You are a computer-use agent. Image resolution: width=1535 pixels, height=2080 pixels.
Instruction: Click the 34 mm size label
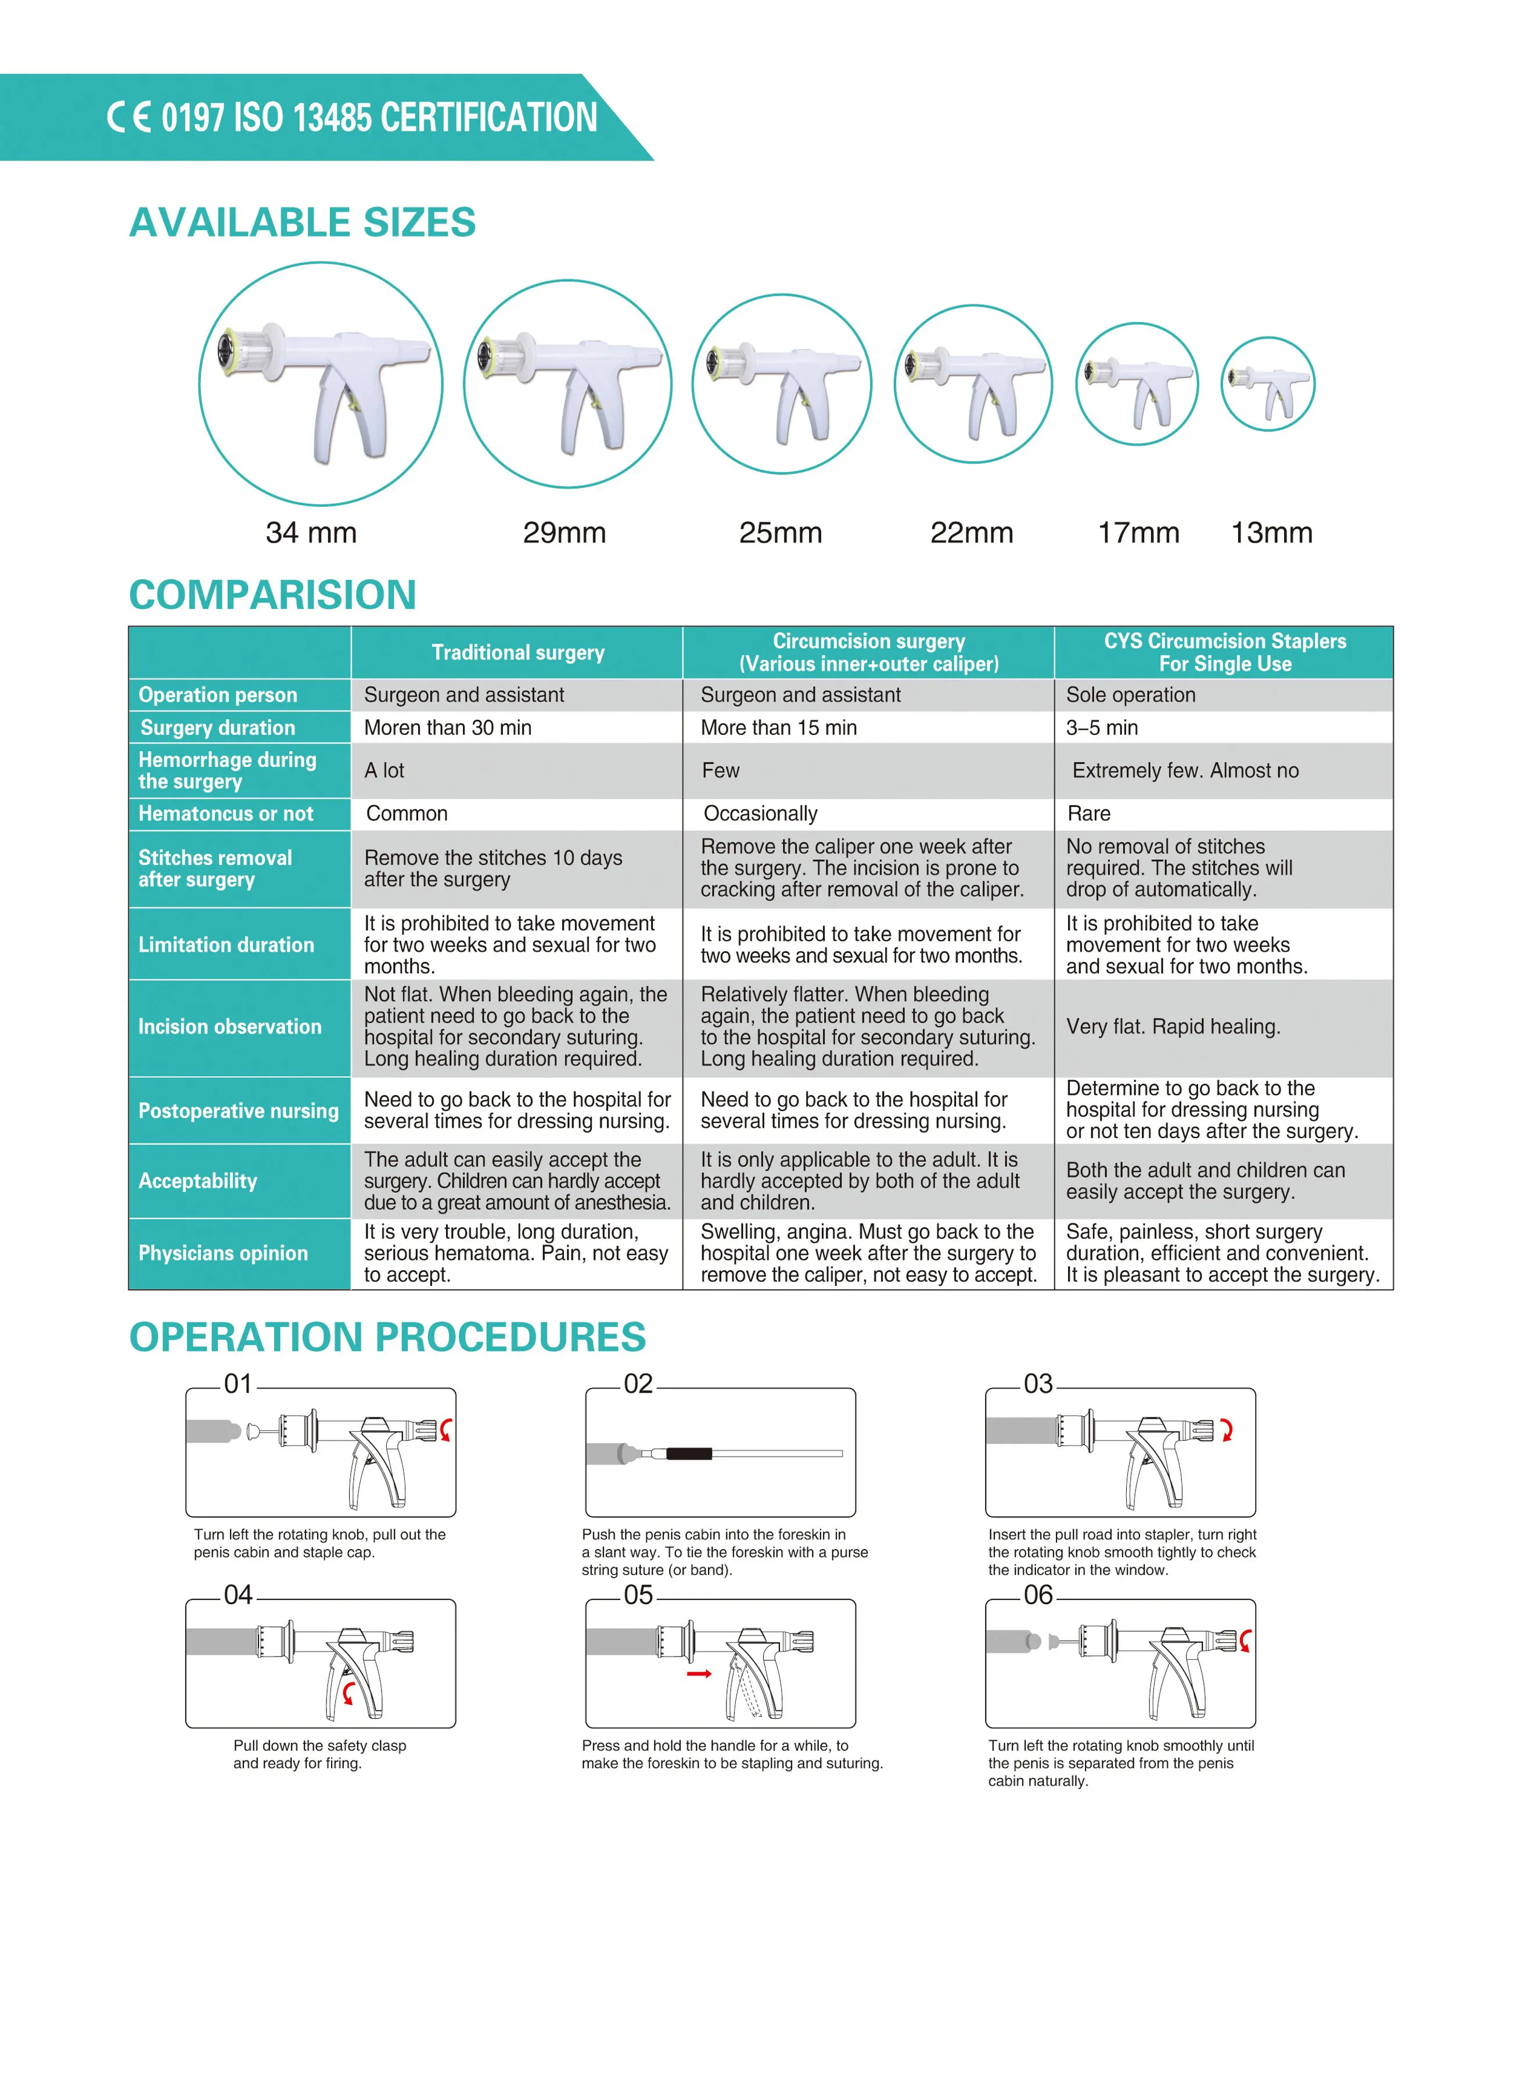coord(311,533)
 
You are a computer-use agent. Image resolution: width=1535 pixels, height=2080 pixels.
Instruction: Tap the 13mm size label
coord(1271,533)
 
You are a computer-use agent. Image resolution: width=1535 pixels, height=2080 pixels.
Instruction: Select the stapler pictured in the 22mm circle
coord(973,385)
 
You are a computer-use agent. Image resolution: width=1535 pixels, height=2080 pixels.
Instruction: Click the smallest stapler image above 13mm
coord(1267,385)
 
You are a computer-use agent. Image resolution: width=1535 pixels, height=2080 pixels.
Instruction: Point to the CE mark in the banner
coord(128,117)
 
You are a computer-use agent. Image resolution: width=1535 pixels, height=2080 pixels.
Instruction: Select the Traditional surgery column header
coord(517,652)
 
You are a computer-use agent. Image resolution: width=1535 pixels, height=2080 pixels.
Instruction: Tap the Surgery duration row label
coord(217,728)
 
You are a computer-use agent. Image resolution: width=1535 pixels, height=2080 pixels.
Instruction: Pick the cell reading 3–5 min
coord(1102,728)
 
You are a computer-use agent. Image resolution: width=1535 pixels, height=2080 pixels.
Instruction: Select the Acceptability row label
coord(198,1181)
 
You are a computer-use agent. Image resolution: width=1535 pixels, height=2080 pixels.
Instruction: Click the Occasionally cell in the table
coord(760,813)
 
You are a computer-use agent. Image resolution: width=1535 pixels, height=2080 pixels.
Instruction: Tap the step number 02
coord(638,1384)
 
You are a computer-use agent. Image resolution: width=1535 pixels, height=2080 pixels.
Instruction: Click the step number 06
coord(1038,1595)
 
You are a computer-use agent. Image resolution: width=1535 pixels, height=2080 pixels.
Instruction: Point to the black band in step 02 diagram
coord(689,1454)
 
